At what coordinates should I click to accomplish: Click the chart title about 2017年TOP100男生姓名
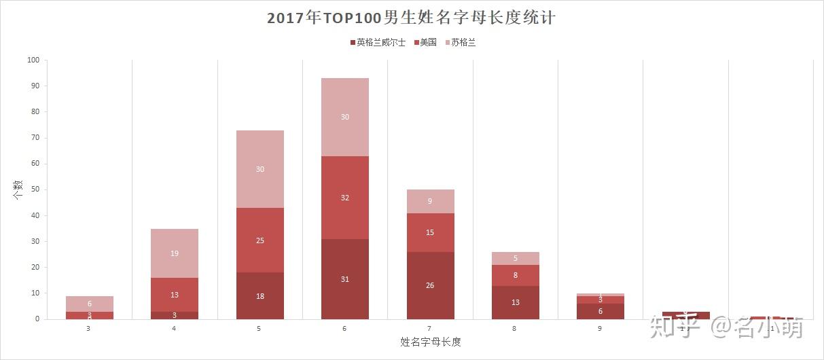point(412,18)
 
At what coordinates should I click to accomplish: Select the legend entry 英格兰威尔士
point(380,42)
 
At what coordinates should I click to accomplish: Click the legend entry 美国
point(427,42)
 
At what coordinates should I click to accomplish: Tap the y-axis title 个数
point(18,189)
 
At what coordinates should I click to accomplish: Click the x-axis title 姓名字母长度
point(430,342)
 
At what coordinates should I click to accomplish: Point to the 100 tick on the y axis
point(33,60)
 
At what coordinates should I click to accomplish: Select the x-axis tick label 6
point(345,329)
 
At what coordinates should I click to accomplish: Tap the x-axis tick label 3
point(89,329)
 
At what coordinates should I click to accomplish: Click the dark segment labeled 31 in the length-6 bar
point(345,279)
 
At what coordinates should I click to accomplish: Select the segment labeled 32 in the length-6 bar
point(345,198)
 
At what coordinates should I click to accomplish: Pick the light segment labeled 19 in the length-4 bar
point(175,253)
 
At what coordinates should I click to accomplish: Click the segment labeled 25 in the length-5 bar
point(260,240)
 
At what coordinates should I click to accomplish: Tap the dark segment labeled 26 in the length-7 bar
point(430,285)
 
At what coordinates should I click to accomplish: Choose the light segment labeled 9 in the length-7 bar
point(430,201)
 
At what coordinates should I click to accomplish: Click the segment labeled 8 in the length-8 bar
point(516,275)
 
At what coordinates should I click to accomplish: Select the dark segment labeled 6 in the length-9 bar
point(601,311)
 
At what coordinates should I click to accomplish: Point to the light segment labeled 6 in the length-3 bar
point(90,304)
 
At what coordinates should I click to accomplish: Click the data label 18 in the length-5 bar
point(260,297)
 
